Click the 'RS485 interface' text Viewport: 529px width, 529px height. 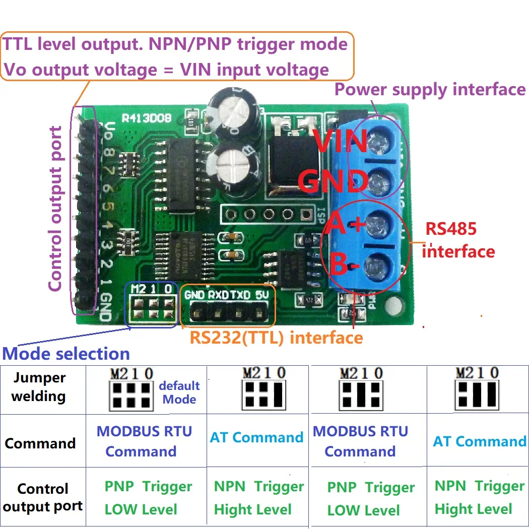click(x=457, y=240)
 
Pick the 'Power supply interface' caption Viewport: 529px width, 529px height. click(x=430, y=90)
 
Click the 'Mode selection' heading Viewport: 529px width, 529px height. click(x=66, y=354)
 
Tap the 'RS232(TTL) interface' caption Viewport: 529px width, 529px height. click(x=276, y=337)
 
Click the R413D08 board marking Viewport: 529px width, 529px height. click(x=147, y=119)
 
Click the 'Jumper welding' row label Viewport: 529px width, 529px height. click(x=39, y=387)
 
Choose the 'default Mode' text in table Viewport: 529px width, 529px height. click(x=179, y=392)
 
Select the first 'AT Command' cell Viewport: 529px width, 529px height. click(x=256, y=437)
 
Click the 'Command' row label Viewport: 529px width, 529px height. click(x=40, y=444)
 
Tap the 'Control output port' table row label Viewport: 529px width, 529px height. click(x=43, y=498)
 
